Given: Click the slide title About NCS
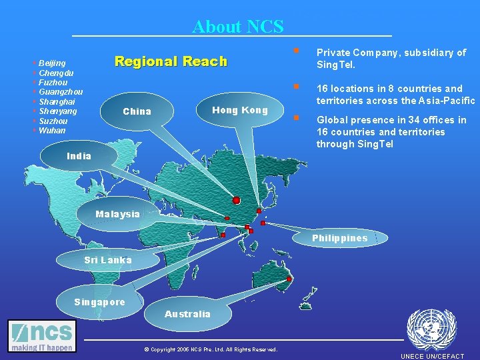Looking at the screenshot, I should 237,27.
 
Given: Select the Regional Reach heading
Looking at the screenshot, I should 171,61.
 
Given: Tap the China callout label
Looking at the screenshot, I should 137,111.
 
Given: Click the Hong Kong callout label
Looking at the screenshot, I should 239,110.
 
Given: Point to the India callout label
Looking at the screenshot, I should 79,156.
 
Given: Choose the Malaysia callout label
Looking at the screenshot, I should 117,214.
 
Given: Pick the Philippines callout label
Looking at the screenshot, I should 339,238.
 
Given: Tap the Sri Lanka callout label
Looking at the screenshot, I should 107,259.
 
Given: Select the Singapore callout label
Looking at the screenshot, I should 99,302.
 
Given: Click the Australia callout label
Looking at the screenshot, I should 187,314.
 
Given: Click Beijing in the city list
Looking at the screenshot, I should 52,63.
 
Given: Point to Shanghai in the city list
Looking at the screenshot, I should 57,101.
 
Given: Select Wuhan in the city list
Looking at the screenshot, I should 52,131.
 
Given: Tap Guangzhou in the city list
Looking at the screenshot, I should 61,92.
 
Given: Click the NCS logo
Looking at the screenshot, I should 42,335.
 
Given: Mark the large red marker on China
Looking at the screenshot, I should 236,200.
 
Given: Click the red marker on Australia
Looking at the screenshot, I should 289,279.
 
